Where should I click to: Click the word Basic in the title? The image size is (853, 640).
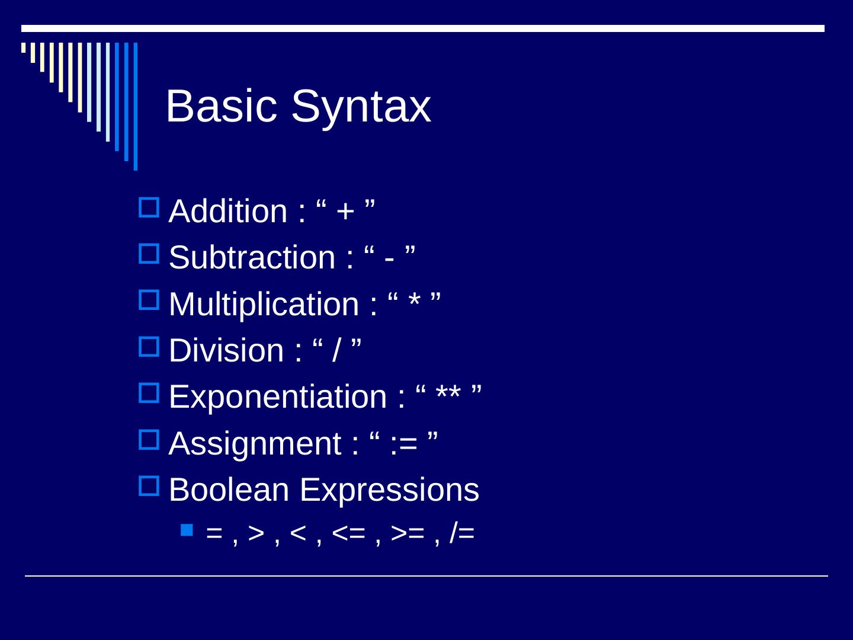click(222, 105)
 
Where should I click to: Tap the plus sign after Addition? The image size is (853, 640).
click(345, 212)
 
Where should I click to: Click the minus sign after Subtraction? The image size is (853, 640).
click(389, 259)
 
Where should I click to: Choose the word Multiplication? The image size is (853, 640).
click(264, 304)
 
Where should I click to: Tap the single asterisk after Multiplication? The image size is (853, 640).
click(414, 299)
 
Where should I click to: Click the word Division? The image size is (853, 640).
click(226, 350)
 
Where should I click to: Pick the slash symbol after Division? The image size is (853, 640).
click(336, 350)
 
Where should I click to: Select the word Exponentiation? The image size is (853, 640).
click(278, 396)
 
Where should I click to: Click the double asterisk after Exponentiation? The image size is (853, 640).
click(448, 392)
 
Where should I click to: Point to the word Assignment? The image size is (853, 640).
click(255, 443)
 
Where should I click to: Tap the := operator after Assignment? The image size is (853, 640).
click(404, 444)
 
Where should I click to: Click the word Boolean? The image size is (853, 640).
click(229, 489)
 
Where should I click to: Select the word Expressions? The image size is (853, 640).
click(389, 491)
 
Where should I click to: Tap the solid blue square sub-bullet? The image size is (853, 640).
click(187, 530)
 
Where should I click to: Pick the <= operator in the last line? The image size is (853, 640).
click(348, 533)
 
